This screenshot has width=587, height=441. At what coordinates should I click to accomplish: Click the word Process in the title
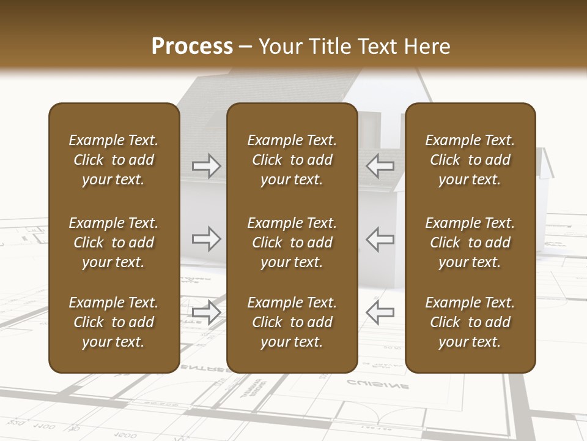[192, 47]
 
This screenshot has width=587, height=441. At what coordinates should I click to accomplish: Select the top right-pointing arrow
[207, 165]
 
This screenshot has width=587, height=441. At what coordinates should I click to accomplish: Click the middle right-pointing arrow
[207, 239]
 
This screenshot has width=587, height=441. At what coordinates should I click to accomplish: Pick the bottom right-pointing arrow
[207, 312]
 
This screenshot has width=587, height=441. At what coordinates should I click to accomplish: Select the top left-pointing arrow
[380, 165]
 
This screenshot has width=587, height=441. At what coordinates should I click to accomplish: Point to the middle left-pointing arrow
[380, 239]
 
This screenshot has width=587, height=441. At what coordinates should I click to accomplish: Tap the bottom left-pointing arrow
[380, 312]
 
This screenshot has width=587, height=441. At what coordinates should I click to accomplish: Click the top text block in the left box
[114, 160]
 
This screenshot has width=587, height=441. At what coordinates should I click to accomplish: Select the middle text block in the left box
[114, 243]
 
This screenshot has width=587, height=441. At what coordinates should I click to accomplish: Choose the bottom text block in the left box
[114, 322]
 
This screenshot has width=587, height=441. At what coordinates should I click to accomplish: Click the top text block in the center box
[292, 160]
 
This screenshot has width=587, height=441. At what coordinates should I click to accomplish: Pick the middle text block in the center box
[292, 243]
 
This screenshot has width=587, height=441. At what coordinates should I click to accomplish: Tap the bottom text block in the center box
[292, 322]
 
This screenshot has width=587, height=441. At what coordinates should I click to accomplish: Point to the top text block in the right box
[470, 160]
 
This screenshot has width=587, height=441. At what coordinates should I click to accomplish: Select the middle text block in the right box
[470, 243]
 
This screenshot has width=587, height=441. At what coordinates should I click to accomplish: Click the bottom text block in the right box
[470, 322]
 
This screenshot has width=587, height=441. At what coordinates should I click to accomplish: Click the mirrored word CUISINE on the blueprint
[378, 385]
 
